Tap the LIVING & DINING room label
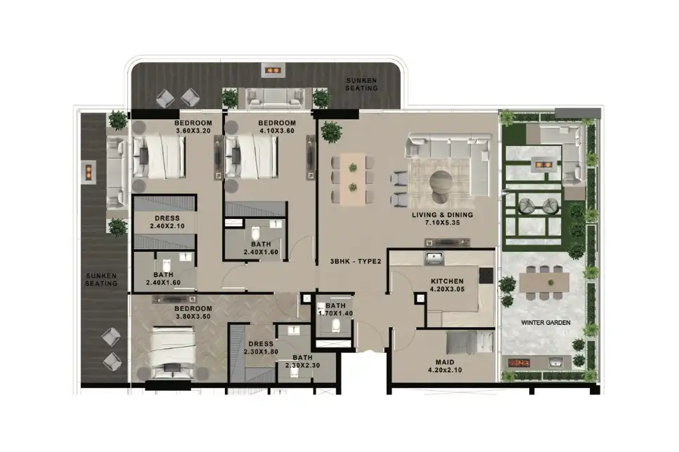pos(442,215)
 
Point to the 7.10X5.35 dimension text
pos(442,223)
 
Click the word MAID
pos(445,363)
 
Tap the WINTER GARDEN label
pos(545,323)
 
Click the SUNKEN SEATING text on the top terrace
pos(362,85)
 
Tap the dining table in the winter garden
pos(545,283)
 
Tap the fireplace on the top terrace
pos(273,70)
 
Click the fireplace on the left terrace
pos(89,171)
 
